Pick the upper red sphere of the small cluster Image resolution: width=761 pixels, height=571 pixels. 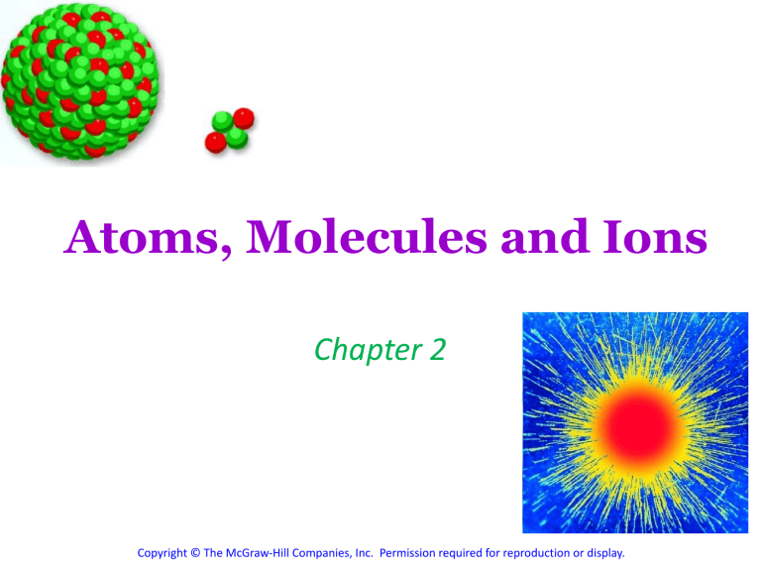tap(243, 119)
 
